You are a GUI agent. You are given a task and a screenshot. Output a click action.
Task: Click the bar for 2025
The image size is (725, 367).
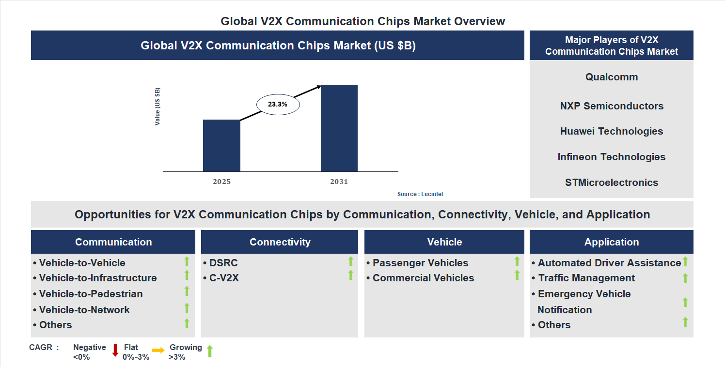coord(221,145)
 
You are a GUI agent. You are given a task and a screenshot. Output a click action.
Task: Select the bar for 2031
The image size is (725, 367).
coord(339,128)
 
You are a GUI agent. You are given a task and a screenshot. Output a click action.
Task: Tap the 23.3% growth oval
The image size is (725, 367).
coord(278,104)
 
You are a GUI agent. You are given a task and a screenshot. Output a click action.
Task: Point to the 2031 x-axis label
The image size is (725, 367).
coord(339,182)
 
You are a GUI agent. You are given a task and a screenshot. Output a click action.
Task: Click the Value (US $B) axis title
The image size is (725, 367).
coord(158,107)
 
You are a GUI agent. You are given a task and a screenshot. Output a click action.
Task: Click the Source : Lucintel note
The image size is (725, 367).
coord(420,194)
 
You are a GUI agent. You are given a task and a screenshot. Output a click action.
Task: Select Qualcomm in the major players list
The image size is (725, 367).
coord(612,77)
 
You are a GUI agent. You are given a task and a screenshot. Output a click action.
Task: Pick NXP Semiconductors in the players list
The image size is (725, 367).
coord(612,106)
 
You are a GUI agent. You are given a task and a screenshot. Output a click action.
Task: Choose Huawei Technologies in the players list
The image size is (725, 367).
coord(612,131)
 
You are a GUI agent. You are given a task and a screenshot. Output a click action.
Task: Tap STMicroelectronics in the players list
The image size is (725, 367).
coord(612,183)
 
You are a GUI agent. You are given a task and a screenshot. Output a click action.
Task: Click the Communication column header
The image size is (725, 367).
coord(113,242)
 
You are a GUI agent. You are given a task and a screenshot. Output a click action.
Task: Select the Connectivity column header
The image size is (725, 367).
coord(280,242)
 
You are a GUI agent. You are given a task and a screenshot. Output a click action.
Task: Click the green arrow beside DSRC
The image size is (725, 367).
coord(351,262)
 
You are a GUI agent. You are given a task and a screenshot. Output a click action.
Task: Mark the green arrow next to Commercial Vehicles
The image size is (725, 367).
coord(517,275)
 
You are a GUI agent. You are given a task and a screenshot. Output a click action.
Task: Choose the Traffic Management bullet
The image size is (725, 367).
coord(586,278)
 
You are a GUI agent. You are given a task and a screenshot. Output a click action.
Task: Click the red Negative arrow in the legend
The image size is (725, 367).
coord(115,351)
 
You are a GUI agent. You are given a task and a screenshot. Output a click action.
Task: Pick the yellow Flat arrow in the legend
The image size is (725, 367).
coord(158,350)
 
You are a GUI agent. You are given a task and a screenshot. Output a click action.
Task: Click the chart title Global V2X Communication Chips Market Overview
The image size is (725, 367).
coord(362,21)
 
